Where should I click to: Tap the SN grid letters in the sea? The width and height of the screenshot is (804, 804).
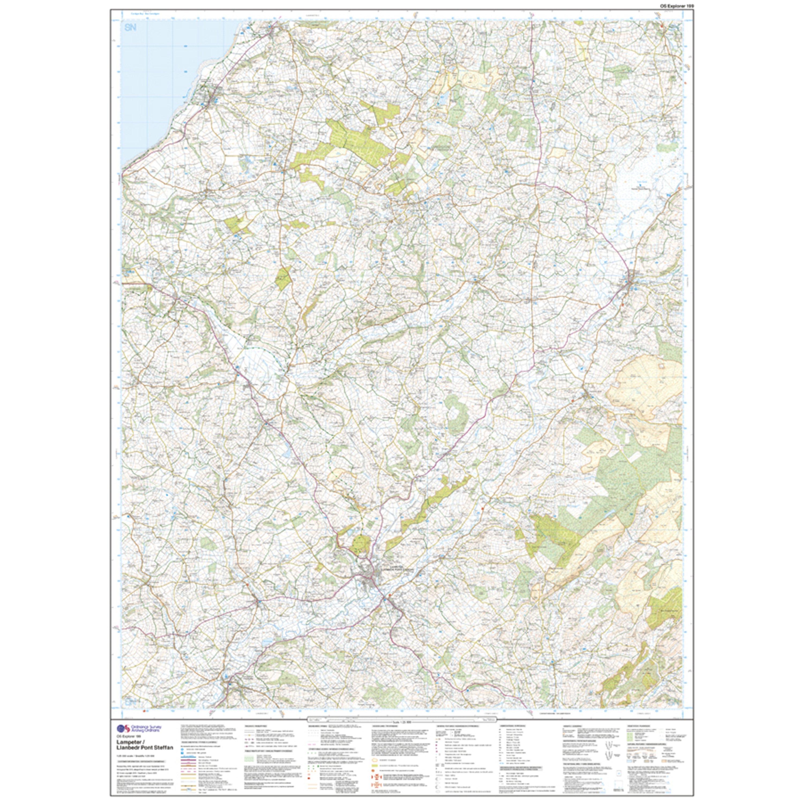130,28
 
